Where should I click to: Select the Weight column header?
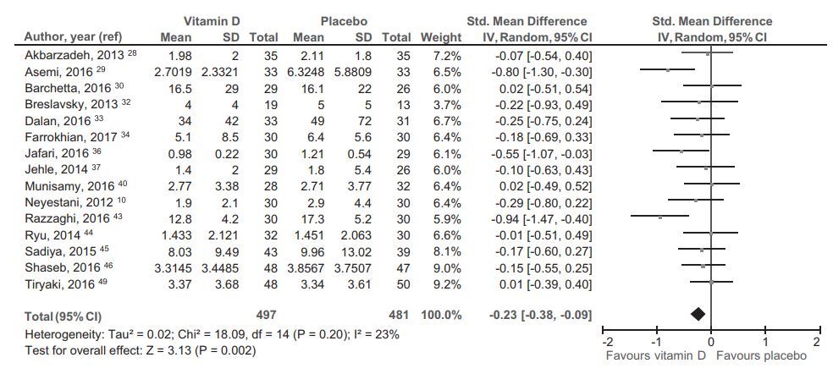click(441, 37)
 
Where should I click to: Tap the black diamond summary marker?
click(698, 314)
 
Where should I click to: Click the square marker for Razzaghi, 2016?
click(660, 217)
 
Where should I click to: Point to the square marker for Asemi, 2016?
click(668, 70)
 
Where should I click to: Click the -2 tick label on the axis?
click(606, 342)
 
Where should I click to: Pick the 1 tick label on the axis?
click(764, 342)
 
